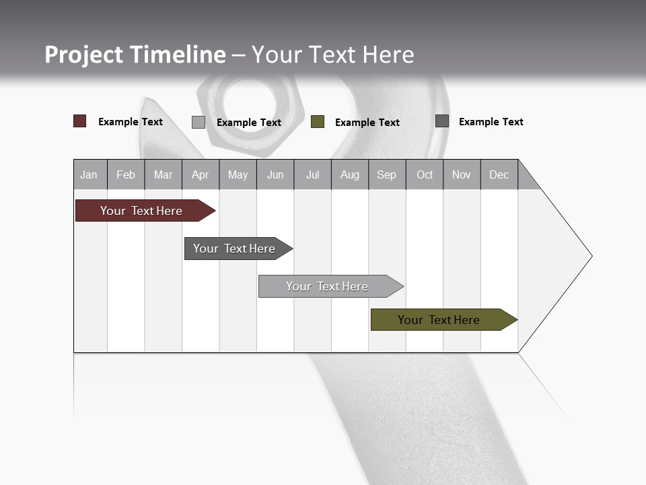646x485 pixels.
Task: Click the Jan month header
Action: click(89, 174)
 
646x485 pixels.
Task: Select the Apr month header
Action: click(201, 174)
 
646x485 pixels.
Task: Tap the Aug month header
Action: click(350, 174)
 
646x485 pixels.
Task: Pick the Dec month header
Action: click(499, 174)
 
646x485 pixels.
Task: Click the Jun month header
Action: click(275, 174)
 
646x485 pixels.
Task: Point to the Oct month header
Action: click(425, 174)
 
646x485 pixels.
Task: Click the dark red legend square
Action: click(80, 121)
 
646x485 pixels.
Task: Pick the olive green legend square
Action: click(318, 122)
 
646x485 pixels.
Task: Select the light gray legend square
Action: click(199, 122)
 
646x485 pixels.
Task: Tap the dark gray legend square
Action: click(442, 121)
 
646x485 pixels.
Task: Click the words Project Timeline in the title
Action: click(135, 55)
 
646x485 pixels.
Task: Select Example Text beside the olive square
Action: click(367, 123)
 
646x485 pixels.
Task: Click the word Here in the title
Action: click(388, 55)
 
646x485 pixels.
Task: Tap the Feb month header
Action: click(126, 174)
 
